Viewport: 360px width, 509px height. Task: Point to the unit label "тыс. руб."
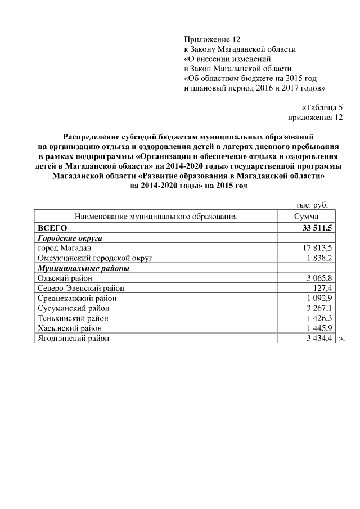coord(312,206)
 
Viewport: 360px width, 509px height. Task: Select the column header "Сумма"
coord(306,217)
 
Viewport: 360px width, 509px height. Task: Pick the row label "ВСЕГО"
coord(52,227)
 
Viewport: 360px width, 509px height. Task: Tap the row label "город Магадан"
coord(64,248)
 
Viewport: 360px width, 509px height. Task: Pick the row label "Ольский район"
coord(64,278)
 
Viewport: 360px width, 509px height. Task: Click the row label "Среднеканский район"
coord(75,298)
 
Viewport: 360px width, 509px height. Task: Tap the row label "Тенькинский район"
coord(71,318)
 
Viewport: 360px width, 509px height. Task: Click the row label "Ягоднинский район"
coord(73,339)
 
